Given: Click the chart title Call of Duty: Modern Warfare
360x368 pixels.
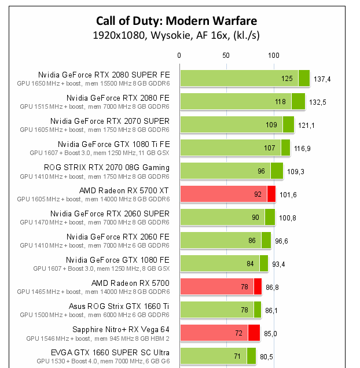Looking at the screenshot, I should pos(177,21).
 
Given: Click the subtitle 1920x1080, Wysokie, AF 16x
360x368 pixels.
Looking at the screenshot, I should pos(177,35).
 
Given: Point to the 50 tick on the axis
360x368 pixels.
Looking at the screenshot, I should pos(226,56).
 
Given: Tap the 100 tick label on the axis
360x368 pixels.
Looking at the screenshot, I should pos(273,56).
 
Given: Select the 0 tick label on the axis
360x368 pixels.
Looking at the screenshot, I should pos(179,56).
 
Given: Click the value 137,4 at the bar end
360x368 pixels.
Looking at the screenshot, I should pos(322,79).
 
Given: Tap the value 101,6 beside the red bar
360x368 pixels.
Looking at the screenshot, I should pos(288,194).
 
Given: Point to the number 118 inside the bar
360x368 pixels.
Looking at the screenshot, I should pos(280,101).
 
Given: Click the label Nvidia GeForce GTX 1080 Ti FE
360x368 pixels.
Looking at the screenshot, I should pos(113,144).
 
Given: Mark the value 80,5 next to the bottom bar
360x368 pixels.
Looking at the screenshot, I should pos(266,356).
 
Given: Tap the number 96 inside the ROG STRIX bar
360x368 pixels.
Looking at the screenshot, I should pos(260,171).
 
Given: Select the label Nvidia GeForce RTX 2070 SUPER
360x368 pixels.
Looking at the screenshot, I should pos(110,121).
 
